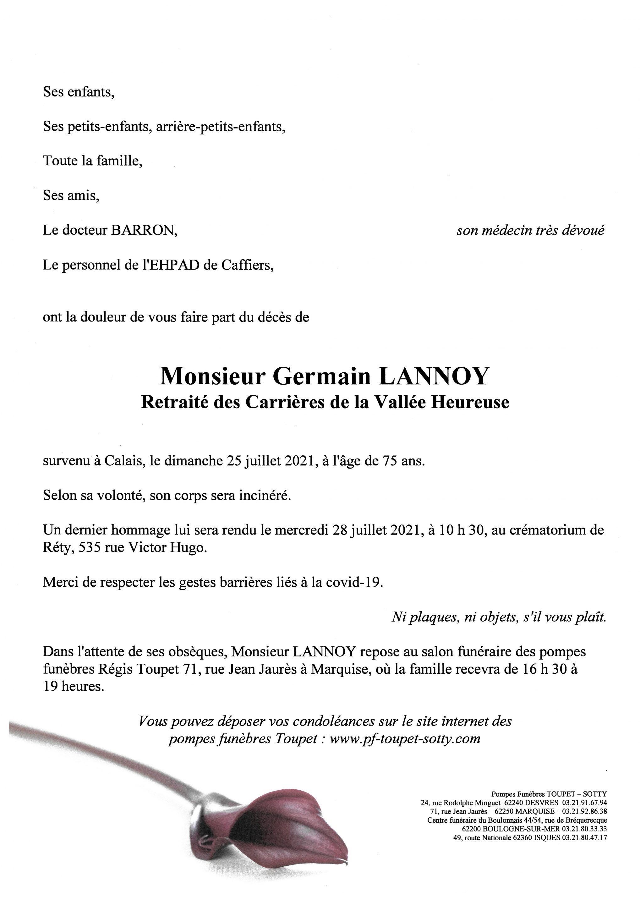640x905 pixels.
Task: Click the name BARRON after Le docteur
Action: coord(144,231)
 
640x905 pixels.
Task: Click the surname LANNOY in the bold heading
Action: coord(434,376)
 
